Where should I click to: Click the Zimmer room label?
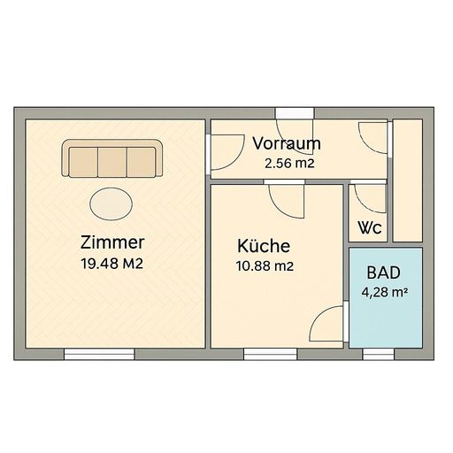coord(112,242)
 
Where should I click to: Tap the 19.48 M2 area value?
coord(112,264)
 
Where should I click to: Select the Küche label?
coord(264,246)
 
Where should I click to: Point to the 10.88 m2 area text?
coord(265,266)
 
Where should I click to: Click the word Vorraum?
coord(287,143)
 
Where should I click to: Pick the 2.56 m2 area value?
coord(289,164)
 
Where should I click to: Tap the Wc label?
coord(370,227)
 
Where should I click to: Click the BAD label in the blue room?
coord(384,273)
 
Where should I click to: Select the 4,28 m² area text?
coord(385,293)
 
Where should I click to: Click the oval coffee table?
coord(111,203)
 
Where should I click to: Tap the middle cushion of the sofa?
coord(112,162)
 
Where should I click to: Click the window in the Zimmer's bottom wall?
coord(99,354)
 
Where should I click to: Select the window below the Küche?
coord(270,354)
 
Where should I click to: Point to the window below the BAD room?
coord(379,354)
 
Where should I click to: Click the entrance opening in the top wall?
coord(295,113)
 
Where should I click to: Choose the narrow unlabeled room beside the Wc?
coord(408,180)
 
